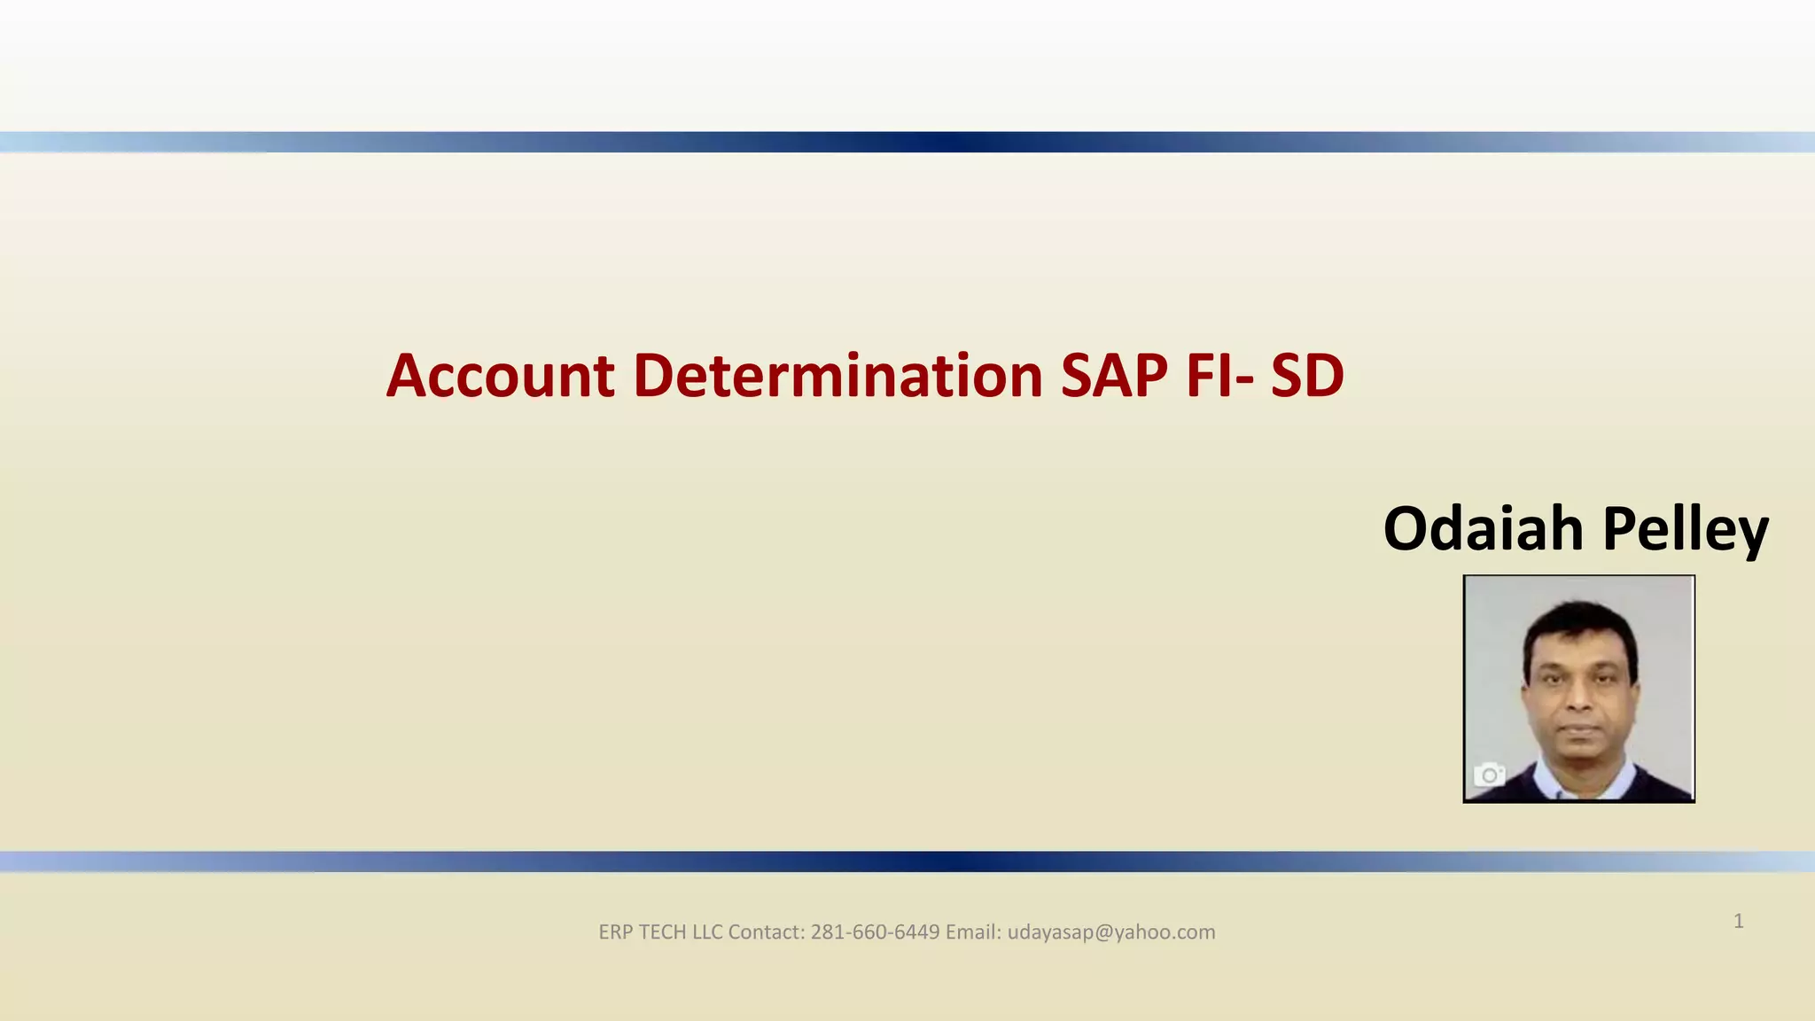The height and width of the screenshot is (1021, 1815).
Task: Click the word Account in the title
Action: coord(501,376)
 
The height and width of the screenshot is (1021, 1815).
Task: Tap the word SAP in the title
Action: coord(1114,376)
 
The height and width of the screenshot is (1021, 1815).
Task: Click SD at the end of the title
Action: coord(1307,376)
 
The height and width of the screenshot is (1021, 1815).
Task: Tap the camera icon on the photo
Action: coord(1490,775)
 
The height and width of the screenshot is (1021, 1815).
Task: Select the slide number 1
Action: coord(1739,922)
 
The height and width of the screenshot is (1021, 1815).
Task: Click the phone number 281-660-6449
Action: coord(875,932)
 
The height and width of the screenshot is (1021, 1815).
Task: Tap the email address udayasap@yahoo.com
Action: coord(1111,932)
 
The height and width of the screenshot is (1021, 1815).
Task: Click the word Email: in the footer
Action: coord(973,932)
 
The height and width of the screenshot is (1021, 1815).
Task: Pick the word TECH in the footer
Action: coord(662,932)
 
